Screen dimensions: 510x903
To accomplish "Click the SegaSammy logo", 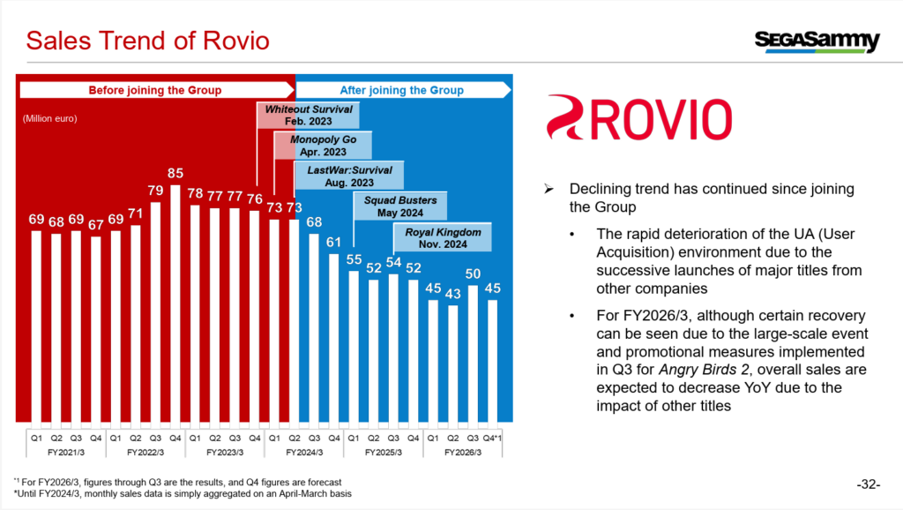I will click(x=817, y=41).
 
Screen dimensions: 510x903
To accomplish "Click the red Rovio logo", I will click(x=638, y=120).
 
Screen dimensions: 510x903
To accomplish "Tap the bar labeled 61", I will click(x=334, y=337).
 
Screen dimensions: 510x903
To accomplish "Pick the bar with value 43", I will click(x=453, y=364).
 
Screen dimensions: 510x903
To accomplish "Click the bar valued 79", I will click(x=155, y=311).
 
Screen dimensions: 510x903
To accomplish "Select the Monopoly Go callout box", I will click(x=323, y=146).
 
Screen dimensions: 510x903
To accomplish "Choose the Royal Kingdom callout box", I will click(x=442, y=237).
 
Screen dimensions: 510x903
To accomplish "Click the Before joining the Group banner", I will click(x=155, y=90).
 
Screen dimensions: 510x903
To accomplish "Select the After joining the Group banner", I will click(x=401, y=90).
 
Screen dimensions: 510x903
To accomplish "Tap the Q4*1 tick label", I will click(x=494, y=436).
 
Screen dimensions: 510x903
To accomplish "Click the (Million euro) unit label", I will click(x=51, y=118).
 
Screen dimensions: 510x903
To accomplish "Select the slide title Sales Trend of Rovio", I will click(x=146, y=41).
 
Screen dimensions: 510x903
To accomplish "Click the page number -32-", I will click(x=869, y=484).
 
